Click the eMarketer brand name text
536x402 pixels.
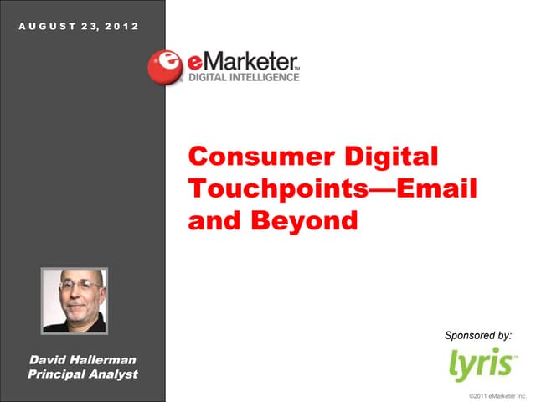pyautogui.click(x=242, y=63)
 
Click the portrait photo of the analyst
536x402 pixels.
pyautogui.click(x=74, y=301)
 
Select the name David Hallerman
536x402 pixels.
pyautogui.click(x=83, y=359)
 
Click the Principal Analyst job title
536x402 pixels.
pyautogui.click(x=83, y=374)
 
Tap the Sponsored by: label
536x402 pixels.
pyautogui.click(x=477, y=335)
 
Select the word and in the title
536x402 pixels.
pyautogui.click(x=209, y=220)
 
